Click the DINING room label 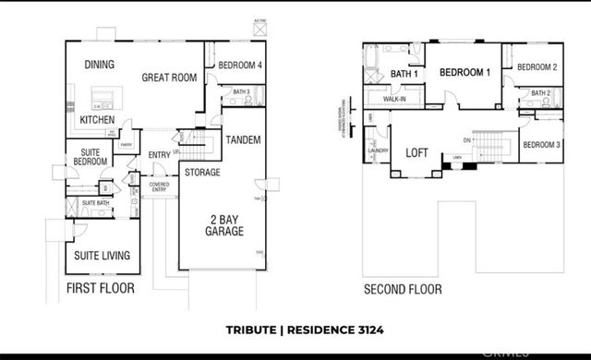(x=99, y=65)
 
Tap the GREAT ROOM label (x=170, y=78)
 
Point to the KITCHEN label (x=97, y=120)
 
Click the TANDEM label (x=243, y=139)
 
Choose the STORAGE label (x=201, y=173)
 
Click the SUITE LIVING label (x=102, y=255)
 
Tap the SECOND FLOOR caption (x=402, y=289)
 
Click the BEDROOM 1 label (x=464, y=73)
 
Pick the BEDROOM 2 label (x=537, y=67)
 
